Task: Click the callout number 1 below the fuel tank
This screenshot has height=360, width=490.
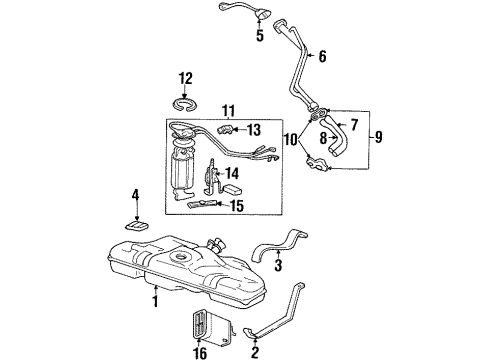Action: tap(155, 298)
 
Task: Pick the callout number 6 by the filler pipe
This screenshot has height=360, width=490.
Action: tap(322, 57)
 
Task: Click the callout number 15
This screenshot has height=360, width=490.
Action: tap(236, 207)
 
